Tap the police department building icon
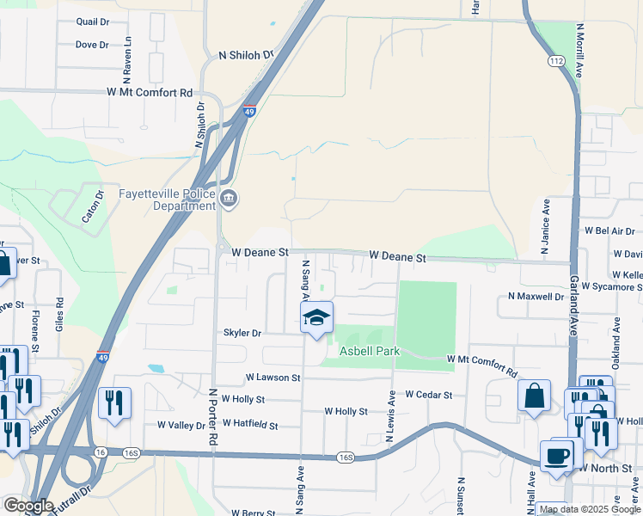point(230,200)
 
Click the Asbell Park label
point(370,352)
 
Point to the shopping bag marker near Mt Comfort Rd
point(534,396)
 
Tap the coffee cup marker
point(557,456)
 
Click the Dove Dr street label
point(91,45)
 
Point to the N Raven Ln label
point(127,52)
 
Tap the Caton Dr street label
point(92,206)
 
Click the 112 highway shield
point(556,61)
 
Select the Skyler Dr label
point(242,333)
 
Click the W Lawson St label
point(273,378)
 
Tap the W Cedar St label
point(428,395)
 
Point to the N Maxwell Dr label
point(536,297)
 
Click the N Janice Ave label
point(545,228)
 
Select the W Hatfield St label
point(249,424)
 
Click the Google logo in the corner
point(28,506)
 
